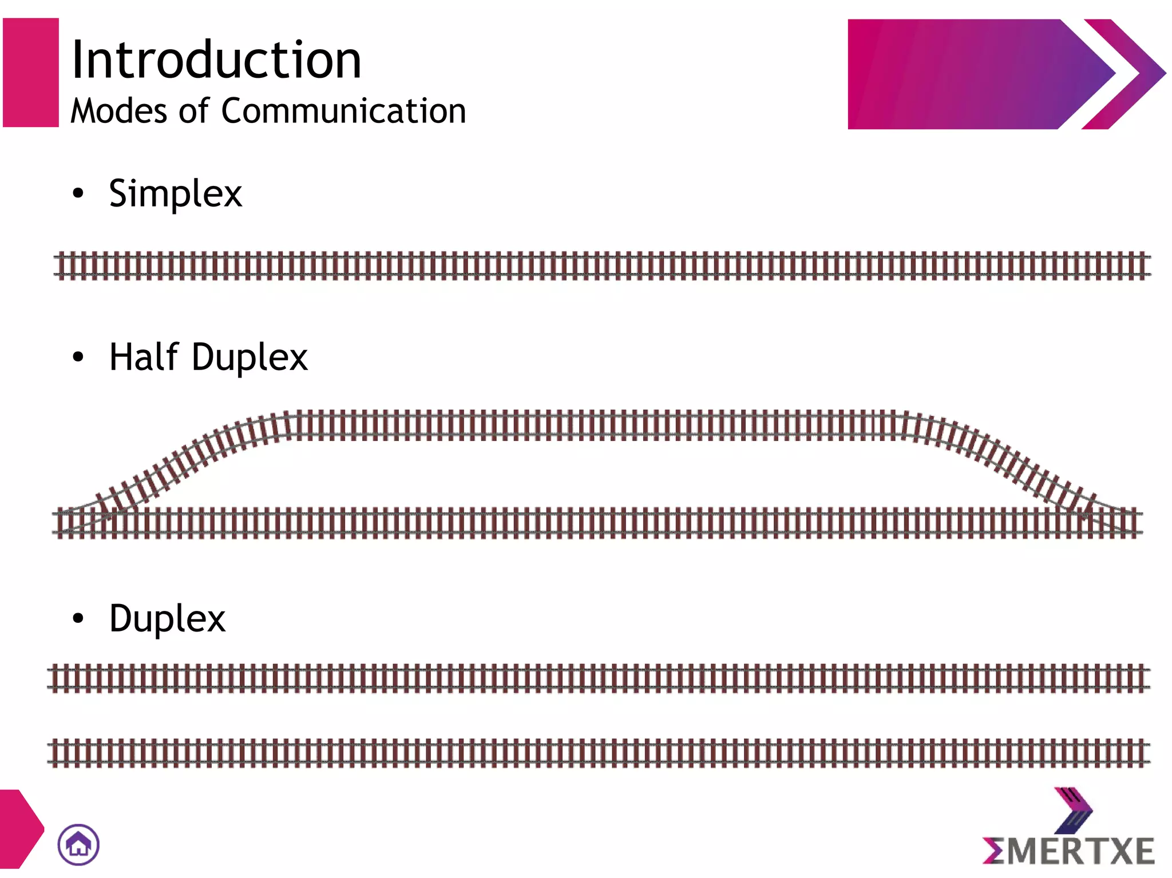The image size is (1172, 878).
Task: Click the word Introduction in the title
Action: coord(216,59)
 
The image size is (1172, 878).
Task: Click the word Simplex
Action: coord(175,193)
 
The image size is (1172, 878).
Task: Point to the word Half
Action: coord(144,357)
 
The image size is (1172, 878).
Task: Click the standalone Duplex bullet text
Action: coord(167,619)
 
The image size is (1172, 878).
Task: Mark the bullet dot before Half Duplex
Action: coord(78,357)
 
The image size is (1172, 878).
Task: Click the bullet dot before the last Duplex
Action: coord(78,618)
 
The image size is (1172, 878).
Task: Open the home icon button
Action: coord(78,844)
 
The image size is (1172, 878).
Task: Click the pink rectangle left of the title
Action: coord(31,73)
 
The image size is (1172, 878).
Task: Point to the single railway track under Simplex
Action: coord(601,266)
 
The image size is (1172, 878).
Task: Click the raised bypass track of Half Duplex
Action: coord(595,425)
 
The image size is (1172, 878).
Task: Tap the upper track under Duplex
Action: coord(598,678)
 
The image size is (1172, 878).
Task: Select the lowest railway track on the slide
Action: coord(598,753)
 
